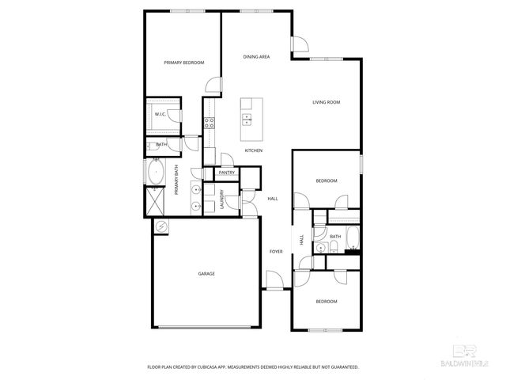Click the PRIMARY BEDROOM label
pyautogui.click(x=183, y=63)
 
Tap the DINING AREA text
pyautogui.click(x=257, y=57)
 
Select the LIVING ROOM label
pyautogui.click(x=326, y=102)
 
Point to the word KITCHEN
pyautogui.click(x=254, y=150)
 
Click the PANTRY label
pyautogui.click(x=227, y=173)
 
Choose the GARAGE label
pyautogui.click(x=206, y=274)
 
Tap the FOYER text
pyautogui.click(x=276, y=252)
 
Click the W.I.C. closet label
pyautogui.click(x=160, y=115)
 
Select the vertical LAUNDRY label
pyautogui.click(x=222, y=198)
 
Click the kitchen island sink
pyautogui.click(x=247, y=120)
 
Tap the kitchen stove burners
pyautogui.click(x=210, y=122)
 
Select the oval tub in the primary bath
pyautogui.click(x=155, y=173)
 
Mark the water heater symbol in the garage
pyautogui.click(x=161, y=227)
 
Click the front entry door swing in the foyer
pyautogui.click(x=274, y=279)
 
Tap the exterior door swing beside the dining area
pyautogui.click(x=300, y=45)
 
